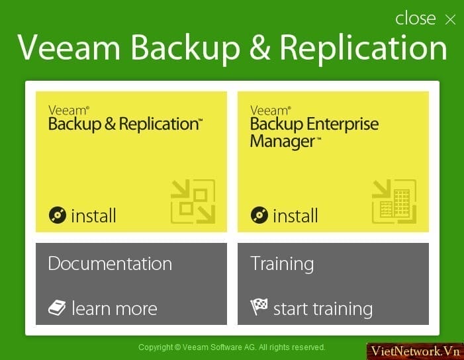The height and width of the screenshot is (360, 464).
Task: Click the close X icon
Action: [x=450, y=20]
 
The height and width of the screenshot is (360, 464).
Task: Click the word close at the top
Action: [x=416, y=19]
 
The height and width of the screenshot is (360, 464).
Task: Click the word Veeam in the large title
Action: [x=69, y=48]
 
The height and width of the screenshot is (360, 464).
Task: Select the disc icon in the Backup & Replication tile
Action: [x=58, y=215]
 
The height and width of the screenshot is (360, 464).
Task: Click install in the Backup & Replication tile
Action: [x=93, y=215]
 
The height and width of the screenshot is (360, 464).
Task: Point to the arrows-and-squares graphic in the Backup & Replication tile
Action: [x=193, y=201]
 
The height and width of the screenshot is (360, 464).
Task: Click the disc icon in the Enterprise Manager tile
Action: [x=259, y=215]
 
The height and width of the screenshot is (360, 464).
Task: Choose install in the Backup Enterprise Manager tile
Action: [x=295, y=215]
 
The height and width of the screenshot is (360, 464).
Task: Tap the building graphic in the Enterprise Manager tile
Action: [x=394, y=201]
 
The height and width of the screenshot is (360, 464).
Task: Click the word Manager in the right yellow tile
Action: [x=283, y=142]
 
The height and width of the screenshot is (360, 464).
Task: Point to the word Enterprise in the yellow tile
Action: [x=343, y=124]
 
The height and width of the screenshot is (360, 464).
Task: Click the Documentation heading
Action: [x=110, y=263]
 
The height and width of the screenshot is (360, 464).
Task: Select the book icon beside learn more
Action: [x=57, y=308]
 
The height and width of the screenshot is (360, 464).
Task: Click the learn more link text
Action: [x=115, y=308]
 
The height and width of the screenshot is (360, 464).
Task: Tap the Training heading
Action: [x=282, y=264]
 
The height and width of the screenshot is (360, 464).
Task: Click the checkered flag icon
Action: [x=259, y=307]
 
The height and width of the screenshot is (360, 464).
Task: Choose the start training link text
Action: [x=323, y=310]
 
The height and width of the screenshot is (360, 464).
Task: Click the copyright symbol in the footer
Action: [x=177, y=347]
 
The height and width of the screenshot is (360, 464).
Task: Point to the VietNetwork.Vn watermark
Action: [x=415, y=351]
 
